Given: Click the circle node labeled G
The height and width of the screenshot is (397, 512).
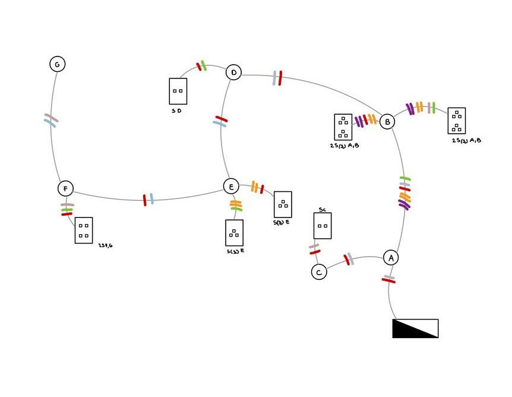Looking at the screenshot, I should pyautogui.click(x=57, y=64).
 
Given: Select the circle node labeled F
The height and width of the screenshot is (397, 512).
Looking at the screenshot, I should pyautogui.click(x=65, y=188).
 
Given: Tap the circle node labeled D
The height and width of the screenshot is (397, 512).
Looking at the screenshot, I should pyautogui.click(x=233, y=73).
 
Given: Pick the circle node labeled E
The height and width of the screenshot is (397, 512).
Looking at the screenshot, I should pyautogui.click(x=231, y=186).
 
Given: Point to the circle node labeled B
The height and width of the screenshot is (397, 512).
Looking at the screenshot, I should pyautogui.click(x=387, y=122).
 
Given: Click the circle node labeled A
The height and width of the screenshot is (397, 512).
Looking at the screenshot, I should pyautogui.click(x=390, y=257).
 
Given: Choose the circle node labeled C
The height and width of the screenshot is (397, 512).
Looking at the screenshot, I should pyautogui.click(x=319, y=272).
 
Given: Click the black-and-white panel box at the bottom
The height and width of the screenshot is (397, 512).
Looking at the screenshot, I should pyautogui.click(x=415, y=328).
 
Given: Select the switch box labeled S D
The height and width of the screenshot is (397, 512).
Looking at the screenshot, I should pyautogui.click(x=178, y=91).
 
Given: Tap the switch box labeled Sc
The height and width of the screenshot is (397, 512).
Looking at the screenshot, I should pyautogui.click(x=323, y=226).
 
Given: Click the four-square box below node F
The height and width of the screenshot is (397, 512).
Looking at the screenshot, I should pyautogui.click(x=84, y=230).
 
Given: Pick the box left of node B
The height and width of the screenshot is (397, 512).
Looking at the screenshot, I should pyautogui.click(x=343, y=127).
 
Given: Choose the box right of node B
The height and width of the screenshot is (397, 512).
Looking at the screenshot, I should pyautogui.click(x=456, y=121).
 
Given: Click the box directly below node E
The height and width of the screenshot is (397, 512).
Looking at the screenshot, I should pyautogui.click(x=234, y=232).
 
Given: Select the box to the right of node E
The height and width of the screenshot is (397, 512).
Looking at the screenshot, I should pyautogui.click(x=283, y=204).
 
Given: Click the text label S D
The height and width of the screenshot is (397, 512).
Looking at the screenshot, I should pyautogui.click(x=177, y=111).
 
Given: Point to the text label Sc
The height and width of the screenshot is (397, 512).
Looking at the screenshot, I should pyautogui.click(x=322, y=209).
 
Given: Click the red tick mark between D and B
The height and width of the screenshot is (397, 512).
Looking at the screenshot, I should pyautogui.click(x=280, y=78).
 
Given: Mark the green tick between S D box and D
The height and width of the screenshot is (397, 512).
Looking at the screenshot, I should pyautogui.click(x=204, y=65).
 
